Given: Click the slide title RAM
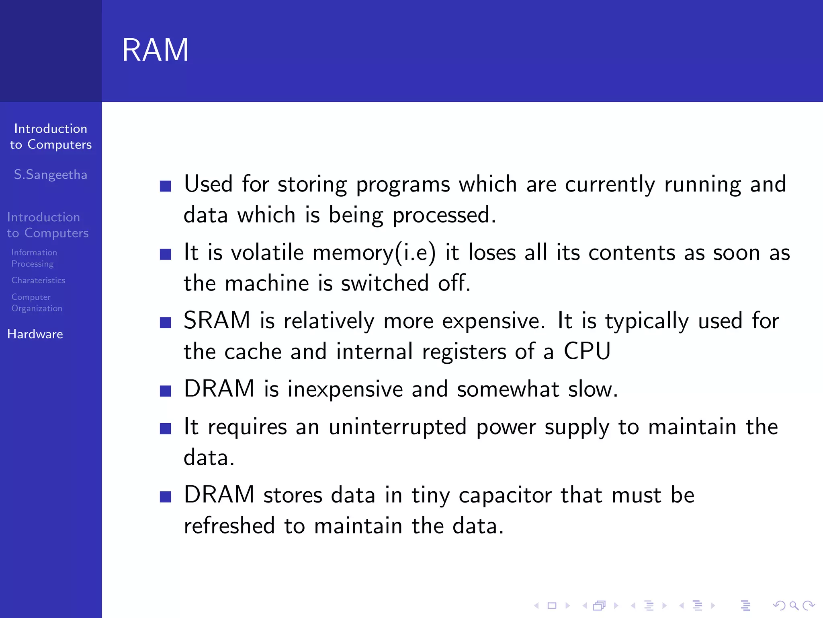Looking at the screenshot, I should click(155, 50).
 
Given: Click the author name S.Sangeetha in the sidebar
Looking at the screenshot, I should click(51, 175).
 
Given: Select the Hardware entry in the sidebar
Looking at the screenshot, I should click(35, 334).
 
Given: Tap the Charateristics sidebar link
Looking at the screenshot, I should click(38, 280).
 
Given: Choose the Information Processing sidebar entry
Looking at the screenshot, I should click(34, 258).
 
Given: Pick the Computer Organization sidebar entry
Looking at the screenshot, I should click(37, 303).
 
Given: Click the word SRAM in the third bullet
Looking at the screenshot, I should click(217, 321).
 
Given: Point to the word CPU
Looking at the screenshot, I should click(587, 351).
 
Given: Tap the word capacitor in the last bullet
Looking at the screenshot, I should click(505, 495).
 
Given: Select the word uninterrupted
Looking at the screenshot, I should click(397, 427).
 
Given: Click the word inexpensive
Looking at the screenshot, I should click(345, 389).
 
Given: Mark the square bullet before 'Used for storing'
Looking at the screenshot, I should click(166, 186).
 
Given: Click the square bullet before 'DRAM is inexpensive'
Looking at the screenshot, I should click(166, 391).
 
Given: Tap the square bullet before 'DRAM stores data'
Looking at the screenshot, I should click(166, 497).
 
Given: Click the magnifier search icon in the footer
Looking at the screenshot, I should click(794, 606).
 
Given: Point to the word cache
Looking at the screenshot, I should click(253, 352).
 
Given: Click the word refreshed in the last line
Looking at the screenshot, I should click(229, 526).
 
